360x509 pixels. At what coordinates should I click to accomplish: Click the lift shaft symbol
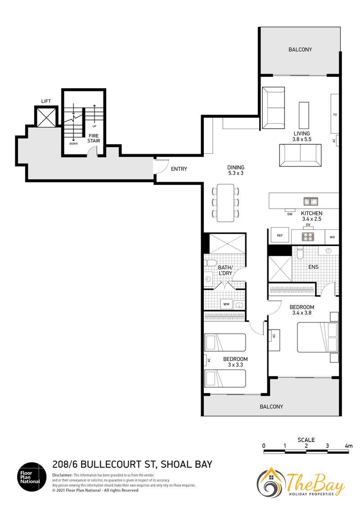click(x=46, y=117)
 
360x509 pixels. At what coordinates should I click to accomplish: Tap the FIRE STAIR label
click(x=94, y=138)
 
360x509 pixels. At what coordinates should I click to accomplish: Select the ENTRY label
click(x=179, y=169)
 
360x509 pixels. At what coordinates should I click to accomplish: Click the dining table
click(x=225, y=203)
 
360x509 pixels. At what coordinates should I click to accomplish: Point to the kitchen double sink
click(x=310, y=201)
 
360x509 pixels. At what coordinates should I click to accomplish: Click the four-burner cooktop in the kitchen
click(x=308, y=237)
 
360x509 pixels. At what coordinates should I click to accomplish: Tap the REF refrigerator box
click(x=280, y=235)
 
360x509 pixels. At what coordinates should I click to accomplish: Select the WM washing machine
click(x=226, y=304)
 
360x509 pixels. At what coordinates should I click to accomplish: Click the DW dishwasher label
click(x=290, y=214)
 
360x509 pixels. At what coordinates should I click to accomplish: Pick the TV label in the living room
click(x=335, y=115)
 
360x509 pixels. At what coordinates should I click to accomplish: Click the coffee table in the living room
click(x=304, y=115)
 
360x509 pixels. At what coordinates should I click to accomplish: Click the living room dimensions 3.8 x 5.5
click(x=302, y=139)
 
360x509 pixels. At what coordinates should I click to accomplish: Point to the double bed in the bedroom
click(x=318, y=337)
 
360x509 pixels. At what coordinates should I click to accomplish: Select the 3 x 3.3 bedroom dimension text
click(x=235, y=365)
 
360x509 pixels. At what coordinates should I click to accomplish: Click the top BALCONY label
click(x=300, y=49)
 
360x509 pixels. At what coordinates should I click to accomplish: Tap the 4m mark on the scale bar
click(x=349, y=446)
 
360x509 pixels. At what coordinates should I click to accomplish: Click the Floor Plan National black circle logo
click(x=32, y=477)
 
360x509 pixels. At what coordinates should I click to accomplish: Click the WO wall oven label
click(x=332, y=237)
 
